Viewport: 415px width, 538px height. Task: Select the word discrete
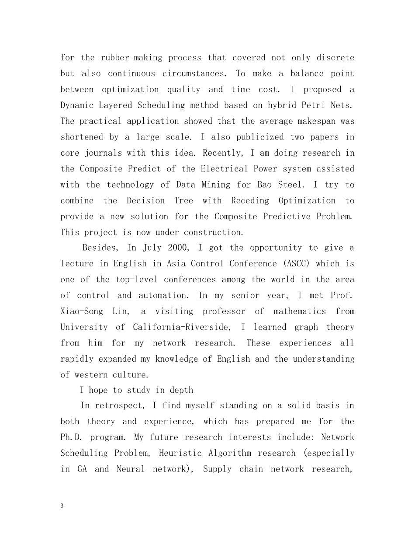click(335, 58)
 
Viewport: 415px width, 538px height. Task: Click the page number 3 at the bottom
click(62, 506)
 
